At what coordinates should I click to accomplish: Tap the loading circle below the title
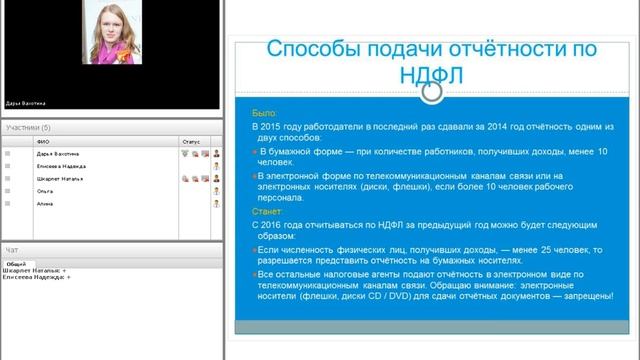[432, 93]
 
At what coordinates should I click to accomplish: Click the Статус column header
[191, 143]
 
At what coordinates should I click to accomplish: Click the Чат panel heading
[12, 249]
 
